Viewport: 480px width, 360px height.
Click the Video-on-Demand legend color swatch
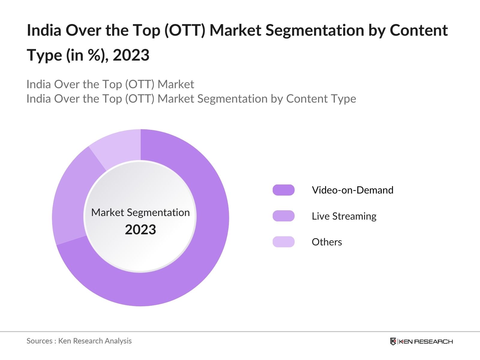click(x=283, y=190)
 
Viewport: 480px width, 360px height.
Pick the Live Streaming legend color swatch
click(x=283, y=216)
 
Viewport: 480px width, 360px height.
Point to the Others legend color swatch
click(x=283, y=242)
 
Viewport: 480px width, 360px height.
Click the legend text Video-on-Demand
click(x=352, y=190)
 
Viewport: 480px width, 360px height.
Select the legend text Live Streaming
click(x=344, y=216)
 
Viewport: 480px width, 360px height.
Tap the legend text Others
click(x=327, y=242)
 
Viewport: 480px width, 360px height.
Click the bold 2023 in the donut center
click(x=140, y=230)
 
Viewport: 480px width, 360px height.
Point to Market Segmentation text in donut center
click(x=140, y=212)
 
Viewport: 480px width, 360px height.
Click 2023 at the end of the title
click(x=131, y=55)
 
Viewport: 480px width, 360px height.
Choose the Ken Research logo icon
click(x=393, y=341)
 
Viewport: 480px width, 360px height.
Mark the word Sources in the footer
click(x=40, y=341)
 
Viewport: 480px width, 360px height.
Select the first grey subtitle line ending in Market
click(x=110, y=84)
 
